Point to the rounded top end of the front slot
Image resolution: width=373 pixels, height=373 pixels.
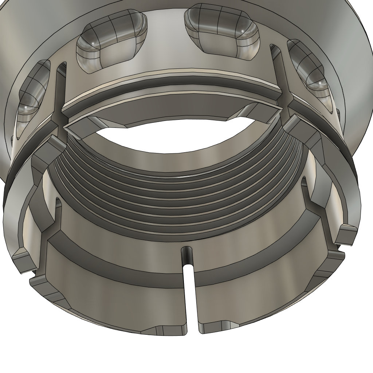point(188,251)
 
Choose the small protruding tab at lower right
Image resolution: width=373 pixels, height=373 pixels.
point(346,233)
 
